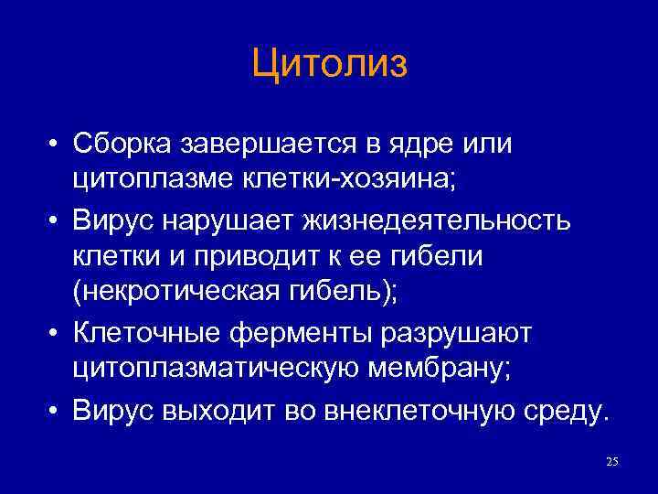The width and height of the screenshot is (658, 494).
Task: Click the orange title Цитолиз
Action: click(329, 66)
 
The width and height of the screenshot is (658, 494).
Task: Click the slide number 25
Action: click(612, 462)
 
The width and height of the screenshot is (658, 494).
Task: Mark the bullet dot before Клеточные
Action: click(57, 335)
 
